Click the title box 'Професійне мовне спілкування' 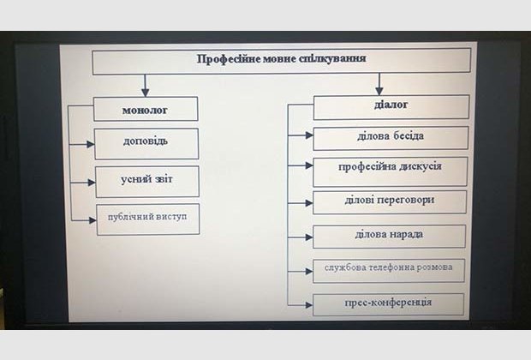pyautogui.click(x=281, y=60)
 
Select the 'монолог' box pyautogui.click(x=146, y=109)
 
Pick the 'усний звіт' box pyautogui.click(x=146, y=181)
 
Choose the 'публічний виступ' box pyautogui.click(x=147, y=219)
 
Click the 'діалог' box pyautogui.click(x=391, y=106)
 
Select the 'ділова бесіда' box pyautogui.click(x=391, y=137)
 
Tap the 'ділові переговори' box pyautogui.click(x=390, y=201)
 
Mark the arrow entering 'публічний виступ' pyautogui.click(x=85, y=219)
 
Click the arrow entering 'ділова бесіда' pyautogui.click(x=301, y=135)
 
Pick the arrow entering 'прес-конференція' pyautogui.click(x=301, y=304)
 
